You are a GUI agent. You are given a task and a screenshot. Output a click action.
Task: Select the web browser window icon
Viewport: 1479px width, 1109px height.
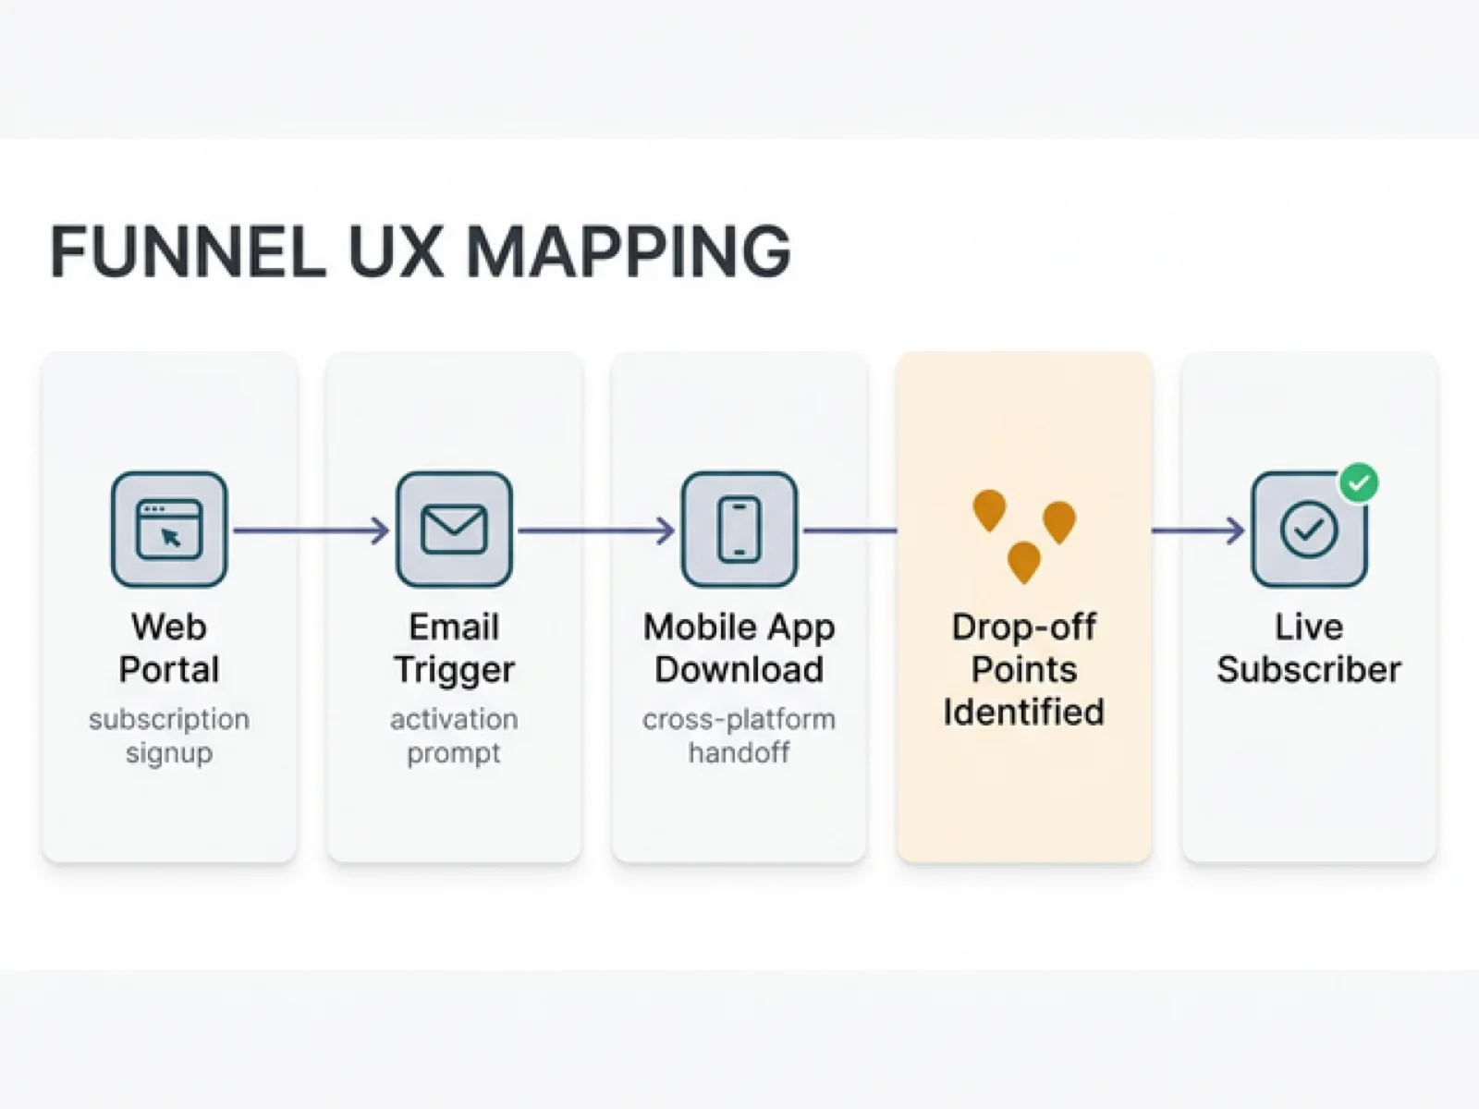(169, 530)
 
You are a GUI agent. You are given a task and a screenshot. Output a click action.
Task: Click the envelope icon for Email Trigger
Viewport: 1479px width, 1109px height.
(454, 530)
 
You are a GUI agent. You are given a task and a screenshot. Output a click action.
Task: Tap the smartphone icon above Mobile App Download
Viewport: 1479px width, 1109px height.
(739, 530)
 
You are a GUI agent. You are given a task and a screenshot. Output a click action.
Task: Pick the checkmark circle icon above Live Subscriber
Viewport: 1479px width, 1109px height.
(1308, 530)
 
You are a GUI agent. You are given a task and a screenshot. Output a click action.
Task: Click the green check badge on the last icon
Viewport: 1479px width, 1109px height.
(1359, 482)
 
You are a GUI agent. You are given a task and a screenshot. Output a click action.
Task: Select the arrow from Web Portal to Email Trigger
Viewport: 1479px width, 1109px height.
(311, 530)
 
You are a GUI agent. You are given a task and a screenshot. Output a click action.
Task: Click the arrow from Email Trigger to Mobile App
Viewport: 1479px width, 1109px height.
(595, 530)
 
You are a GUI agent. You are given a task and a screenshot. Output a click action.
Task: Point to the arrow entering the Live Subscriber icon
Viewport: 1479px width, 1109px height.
(1198, 530)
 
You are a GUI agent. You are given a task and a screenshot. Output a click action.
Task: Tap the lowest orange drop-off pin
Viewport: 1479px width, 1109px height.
(1023, 561)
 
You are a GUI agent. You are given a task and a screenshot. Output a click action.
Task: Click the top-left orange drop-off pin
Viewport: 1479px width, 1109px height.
(989, 509)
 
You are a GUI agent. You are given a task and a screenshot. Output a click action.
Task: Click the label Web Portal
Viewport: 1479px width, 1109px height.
(169, 648)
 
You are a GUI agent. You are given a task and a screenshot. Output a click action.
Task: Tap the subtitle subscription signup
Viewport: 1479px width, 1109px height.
(169, 736)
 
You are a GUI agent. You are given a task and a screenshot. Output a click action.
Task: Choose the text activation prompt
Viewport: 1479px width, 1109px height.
(454, 736)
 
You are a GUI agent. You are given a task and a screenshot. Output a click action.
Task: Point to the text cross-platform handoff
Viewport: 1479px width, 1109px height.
(739, 736)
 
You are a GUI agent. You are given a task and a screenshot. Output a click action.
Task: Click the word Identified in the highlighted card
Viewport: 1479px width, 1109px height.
(1023, 712)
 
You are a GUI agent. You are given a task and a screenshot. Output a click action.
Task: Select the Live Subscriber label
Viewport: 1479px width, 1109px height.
(1308, 648)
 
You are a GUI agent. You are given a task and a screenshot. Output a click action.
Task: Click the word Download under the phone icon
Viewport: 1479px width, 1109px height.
(739, 669)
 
